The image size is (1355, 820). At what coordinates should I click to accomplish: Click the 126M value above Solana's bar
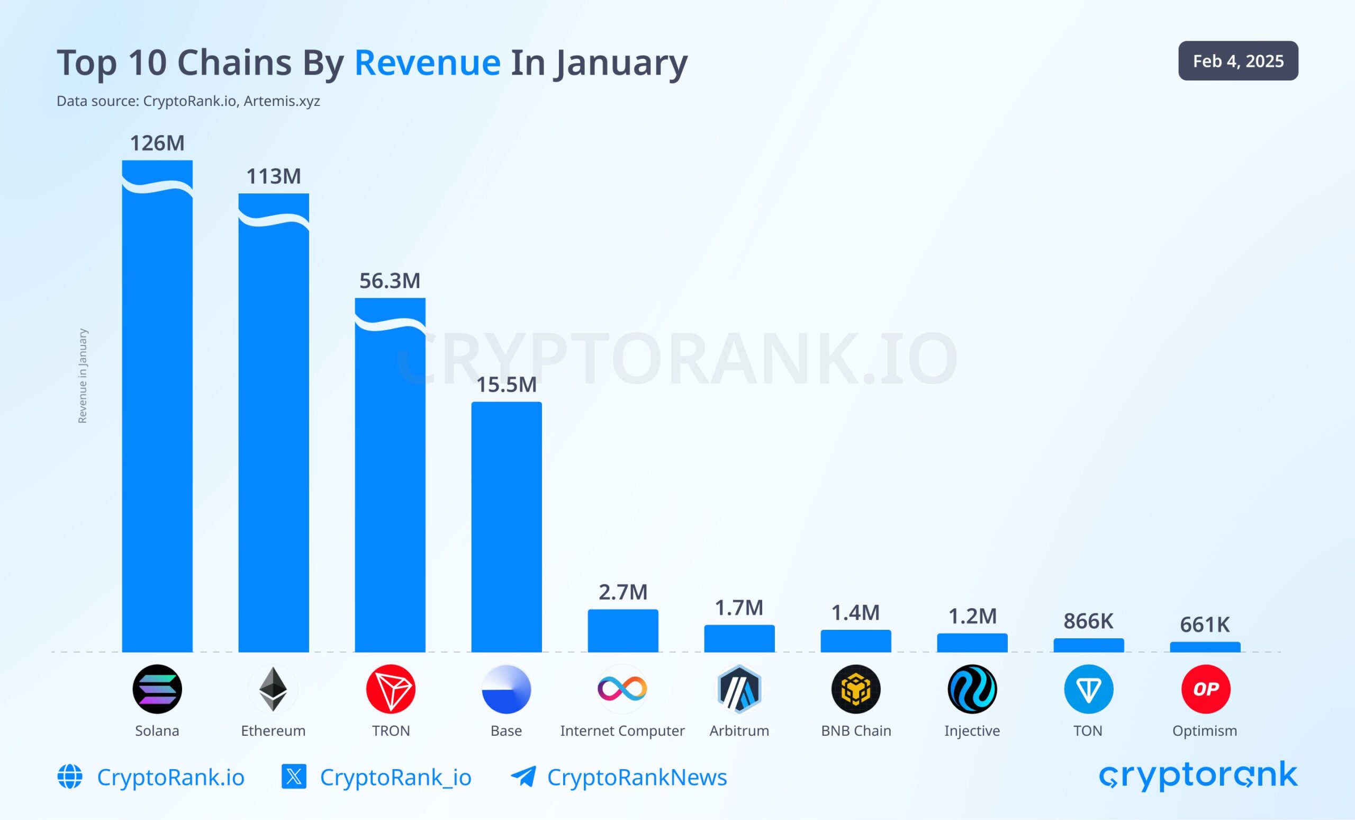157,144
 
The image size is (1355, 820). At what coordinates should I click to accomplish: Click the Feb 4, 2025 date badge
1238,61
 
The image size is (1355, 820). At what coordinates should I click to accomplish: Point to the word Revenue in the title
427,63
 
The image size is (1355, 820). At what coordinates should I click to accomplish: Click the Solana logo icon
157,689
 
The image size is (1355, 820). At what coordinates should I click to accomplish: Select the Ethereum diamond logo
273,689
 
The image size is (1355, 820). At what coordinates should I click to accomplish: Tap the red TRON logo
391,689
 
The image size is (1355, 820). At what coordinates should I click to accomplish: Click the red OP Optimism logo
1205,689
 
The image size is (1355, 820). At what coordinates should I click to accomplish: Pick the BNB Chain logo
856,689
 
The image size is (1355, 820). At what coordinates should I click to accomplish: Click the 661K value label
1204,625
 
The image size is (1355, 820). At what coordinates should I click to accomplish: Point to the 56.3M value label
390,281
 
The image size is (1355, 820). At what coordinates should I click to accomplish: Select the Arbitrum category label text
739,731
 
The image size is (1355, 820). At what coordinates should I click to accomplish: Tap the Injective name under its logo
972,731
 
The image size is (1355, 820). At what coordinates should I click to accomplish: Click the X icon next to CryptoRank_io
294,777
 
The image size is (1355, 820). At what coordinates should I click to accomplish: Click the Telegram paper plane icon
523,777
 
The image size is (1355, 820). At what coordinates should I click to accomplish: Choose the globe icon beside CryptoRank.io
70,777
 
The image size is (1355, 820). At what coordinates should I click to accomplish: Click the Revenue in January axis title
83,376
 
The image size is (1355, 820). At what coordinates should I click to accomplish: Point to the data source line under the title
188,101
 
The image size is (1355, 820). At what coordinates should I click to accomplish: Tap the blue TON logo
1088,689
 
